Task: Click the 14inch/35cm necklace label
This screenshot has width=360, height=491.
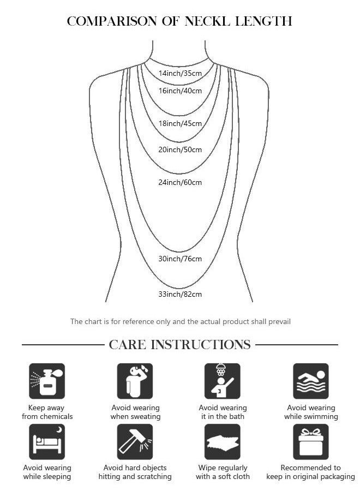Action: (180, 73)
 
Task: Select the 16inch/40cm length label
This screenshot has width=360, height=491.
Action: (180, 91)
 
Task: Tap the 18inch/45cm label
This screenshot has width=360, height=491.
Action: (180, 123)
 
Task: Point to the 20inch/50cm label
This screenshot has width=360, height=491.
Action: (180, 149)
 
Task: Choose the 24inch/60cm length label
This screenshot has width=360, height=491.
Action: (180, 182)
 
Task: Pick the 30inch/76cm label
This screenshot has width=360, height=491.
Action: (180, 259)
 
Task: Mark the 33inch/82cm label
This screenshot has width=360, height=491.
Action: (180, 294)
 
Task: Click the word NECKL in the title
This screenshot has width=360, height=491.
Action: (207, 21)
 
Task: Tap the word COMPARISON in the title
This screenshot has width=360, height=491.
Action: (112, 21)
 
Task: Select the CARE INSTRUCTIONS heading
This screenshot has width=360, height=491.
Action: (179, 344)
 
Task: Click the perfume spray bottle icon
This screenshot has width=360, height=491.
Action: (47, 381)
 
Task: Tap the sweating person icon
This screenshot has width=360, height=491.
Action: (135, 381)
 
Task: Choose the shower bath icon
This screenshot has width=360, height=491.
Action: (222, 381)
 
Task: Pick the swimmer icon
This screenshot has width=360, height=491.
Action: (311, 381)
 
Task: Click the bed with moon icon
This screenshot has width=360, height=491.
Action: (47, 442)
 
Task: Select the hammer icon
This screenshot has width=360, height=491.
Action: (135, 442)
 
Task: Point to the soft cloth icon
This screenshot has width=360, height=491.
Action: (222, 442)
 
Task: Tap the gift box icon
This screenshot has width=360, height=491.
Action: (311, 442)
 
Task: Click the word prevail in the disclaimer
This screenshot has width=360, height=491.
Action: (280, 321)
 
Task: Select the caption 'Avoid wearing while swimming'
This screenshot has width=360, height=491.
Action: (311, 412)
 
